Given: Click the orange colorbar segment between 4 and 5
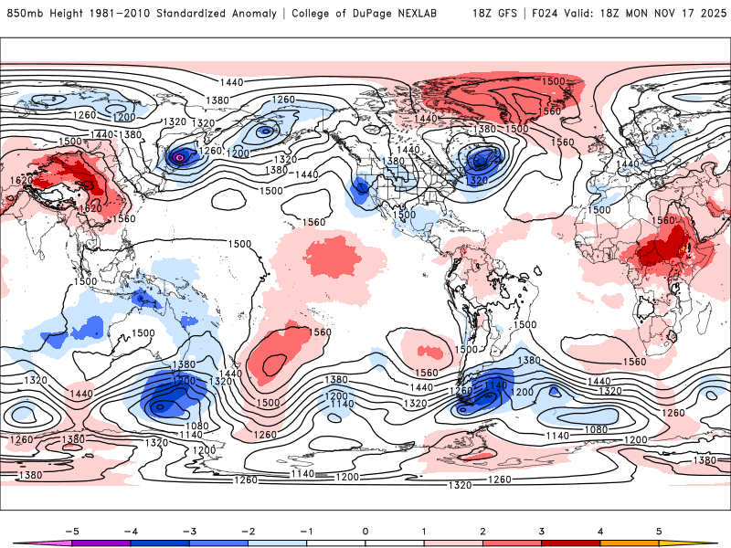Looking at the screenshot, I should pyautogui.click(x=629, y=543).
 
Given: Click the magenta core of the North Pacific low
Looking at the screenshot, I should pyautogui.click(x=180, y=158).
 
